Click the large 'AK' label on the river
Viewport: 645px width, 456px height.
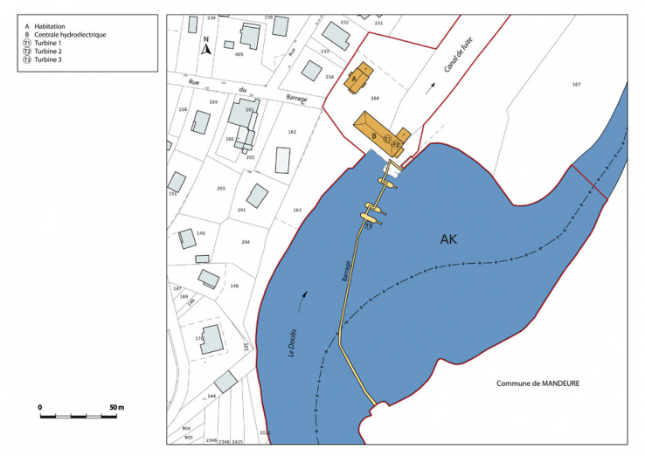click(x=449, y=238)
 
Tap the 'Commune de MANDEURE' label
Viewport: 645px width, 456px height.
click(x=538, y=383)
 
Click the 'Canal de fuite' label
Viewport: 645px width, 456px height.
click(x=451, y=63)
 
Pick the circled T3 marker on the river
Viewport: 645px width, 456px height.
click(x=369, y=226)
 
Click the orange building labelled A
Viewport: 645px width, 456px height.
click(x=359, y=78)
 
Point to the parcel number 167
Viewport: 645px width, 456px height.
click(x=576, y=84)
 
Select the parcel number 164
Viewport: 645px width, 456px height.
click(x=376, y=98)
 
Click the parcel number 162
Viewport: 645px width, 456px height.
click(x=292, y=132)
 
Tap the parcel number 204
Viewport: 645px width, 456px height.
click(x=246, y=242)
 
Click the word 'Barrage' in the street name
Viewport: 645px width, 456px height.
click(x=297, y=99)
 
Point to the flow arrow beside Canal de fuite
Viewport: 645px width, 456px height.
click(x=430, y=86)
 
